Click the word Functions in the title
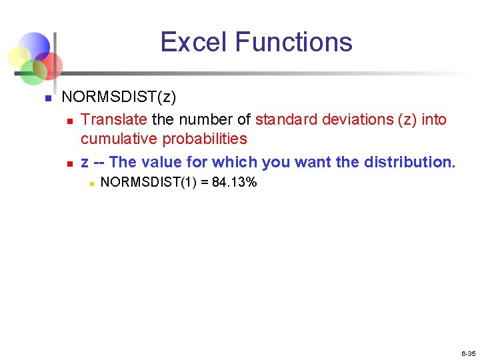pyautogui.click(x=293, y=42)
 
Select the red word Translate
pyautogui.click(x=115, y=119)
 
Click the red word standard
pyautogui.click(x=286, y=119)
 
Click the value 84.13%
pyautogui.click(x=234, y=182)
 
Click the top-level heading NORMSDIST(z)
pyautogui.click(x=119, y=97)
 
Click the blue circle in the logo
pyautogui.click(x=35, y=45)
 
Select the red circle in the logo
pyautogui.click(x=49, y=65)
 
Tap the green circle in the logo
pyautogui.click(x=31, y=70)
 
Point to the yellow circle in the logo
pyautogui.click(x=20, y=55)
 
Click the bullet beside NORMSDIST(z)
pyautogui.click(x=47, y=98)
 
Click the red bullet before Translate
pyautogui.click(x=69, y=121)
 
